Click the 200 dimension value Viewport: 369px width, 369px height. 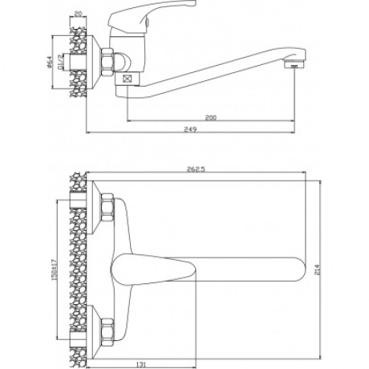click(210, 117)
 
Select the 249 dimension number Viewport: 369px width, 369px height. click(190, 129)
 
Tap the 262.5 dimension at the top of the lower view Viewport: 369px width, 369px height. click(196, 169)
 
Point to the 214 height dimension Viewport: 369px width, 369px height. click(317, 270)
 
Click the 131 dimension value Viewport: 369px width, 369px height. click(141, 364)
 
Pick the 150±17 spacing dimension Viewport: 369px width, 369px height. click(54, 270)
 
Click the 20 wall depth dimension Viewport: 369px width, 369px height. click(78, 14)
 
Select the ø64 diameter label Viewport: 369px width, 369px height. click(49, 61)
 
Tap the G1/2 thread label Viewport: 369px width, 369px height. click(61, 62)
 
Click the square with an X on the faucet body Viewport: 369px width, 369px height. click(128, 79)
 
